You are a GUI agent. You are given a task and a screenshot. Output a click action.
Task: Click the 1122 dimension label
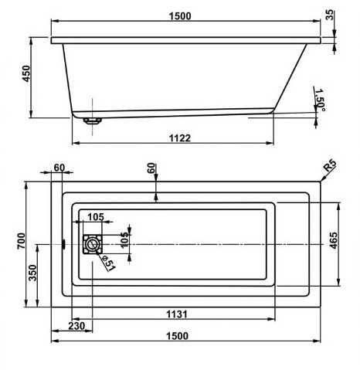click(180, 138)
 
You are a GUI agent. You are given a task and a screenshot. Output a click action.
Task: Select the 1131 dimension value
click(176, 314)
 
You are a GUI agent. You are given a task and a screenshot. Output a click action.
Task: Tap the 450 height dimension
click(26, 73)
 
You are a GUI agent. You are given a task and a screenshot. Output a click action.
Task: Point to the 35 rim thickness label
click(329, 15)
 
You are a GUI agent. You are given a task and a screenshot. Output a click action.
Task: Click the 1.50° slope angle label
click(320, 100)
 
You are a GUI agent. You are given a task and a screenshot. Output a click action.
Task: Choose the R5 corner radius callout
click(330, 166)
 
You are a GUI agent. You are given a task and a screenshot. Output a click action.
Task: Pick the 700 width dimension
click(22, 241)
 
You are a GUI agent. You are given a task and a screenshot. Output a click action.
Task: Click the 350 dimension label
click(33, 273)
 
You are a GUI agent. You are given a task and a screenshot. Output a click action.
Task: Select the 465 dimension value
click(333, 240)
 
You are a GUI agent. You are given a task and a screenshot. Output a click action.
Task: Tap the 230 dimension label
click(76, 326)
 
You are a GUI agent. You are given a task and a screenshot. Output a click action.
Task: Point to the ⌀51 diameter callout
click(108, 263)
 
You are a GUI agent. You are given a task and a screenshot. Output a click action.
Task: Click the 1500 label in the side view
click(180, 16)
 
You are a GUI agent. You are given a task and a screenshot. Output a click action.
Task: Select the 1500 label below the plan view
click(177, 336)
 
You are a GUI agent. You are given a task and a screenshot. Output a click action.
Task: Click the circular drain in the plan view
click(92, 244)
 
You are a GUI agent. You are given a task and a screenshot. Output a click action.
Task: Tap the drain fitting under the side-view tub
click(93, 121)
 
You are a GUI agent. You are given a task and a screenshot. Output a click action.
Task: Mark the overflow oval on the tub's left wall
click(63, 244)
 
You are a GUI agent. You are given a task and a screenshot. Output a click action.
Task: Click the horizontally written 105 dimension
click(96, 217)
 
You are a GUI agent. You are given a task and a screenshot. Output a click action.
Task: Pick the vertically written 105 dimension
click(124, 240)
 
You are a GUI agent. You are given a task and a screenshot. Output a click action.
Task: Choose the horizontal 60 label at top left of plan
click(59, 168)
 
